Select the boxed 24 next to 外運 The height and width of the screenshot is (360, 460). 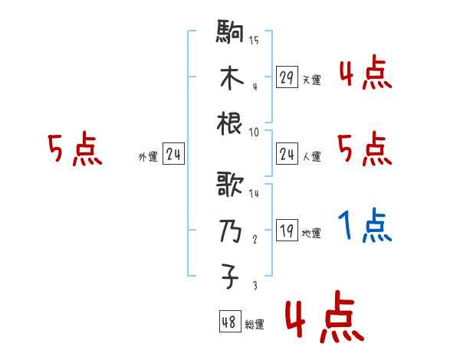coord(173,155)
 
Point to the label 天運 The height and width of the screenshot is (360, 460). coord(311,80)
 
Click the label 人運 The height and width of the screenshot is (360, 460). coord(311,157)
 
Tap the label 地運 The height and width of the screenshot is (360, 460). coord(311,234)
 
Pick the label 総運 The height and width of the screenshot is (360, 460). coord(255,324)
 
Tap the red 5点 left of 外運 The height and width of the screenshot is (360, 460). coord(74,150)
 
